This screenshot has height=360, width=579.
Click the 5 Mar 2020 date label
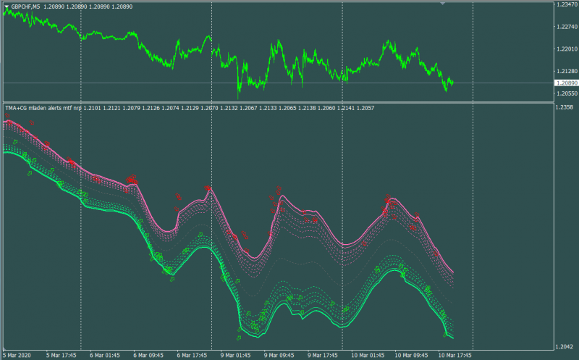coord(17,356)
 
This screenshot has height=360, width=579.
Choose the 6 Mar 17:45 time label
coord(192,356)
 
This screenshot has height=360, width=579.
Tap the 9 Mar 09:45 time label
coord(279,356)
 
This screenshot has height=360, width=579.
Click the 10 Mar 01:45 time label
coord(368,356)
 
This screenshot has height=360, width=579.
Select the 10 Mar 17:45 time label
coord(455,356)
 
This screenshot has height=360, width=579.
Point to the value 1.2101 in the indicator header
coord(92,108)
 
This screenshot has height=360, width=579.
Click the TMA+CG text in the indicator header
coord(16,108)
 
